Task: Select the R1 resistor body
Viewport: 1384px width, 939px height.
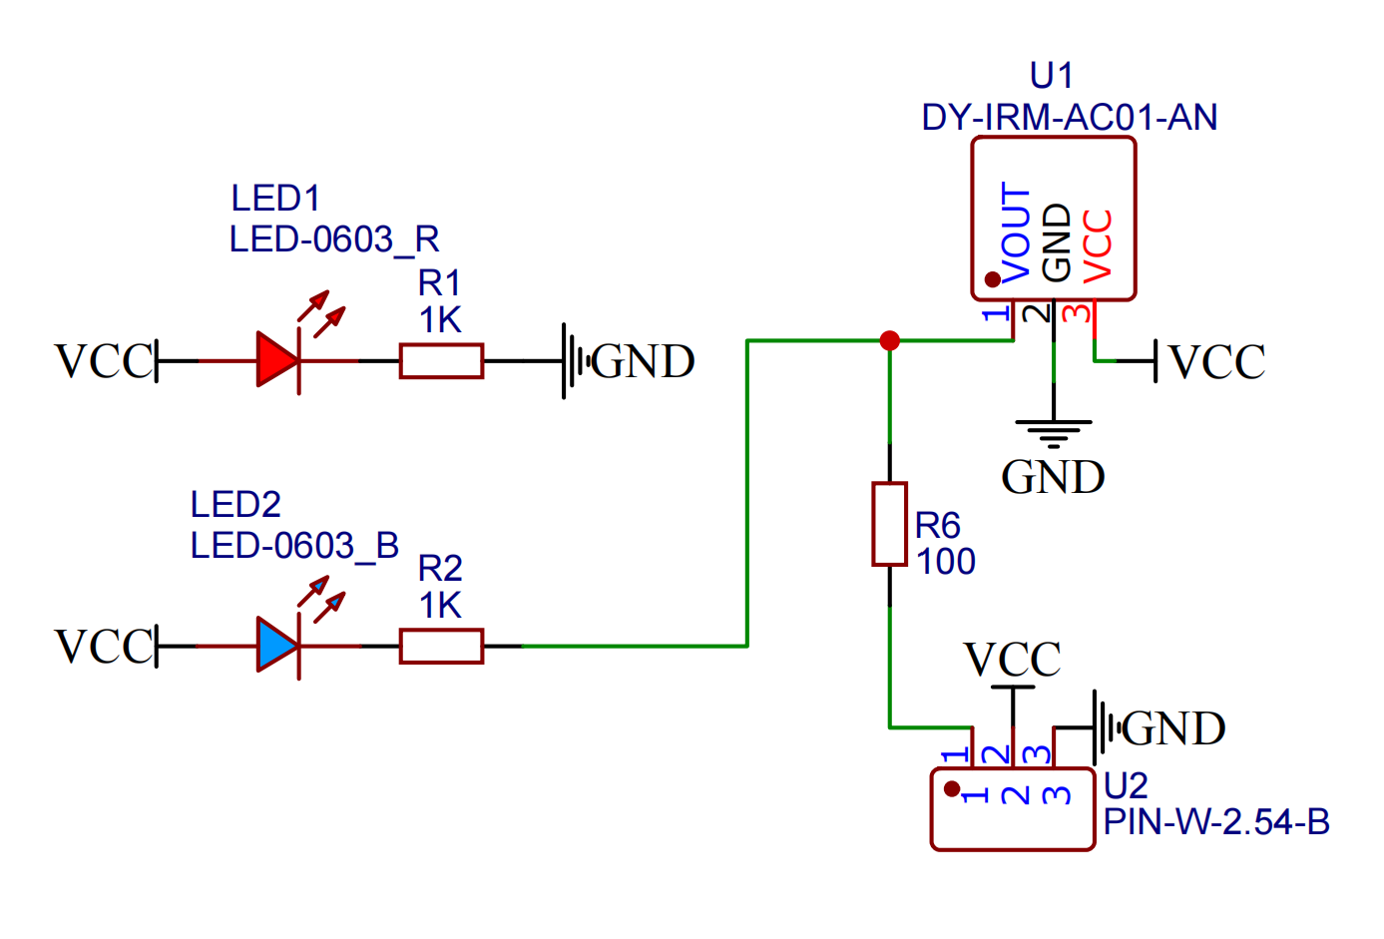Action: click(x=441, y=360)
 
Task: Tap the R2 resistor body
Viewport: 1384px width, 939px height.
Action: click(x=441, y=646)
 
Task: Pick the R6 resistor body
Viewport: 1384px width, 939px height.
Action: click(x=889, y=524)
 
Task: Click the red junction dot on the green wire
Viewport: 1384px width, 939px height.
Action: click(x=890, y=340)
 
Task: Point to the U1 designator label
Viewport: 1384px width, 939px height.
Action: click(x=1051, y=76)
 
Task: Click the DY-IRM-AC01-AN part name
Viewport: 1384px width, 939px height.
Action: click(x=1069, y=118)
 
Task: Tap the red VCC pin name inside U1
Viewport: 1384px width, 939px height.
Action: click(x=1098, y=244)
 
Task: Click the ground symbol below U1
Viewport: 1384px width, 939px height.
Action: click(x=1054, y=431)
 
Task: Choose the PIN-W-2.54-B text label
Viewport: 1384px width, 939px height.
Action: click(x=1216, y=822)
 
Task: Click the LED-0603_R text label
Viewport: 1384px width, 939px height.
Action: click(x=334, y=239)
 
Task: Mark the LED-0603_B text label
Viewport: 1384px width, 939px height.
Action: click(x=294, y=546)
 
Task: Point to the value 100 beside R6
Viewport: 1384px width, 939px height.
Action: click(x=946, y=562)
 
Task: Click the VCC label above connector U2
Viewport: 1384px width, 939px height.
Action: click(x=1012, y=660)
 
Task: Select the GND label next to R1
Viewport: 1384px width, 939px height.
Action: click(x=643, y=361)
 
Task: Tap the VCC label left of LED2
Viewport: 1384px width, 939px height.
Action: click(x=104, y=646)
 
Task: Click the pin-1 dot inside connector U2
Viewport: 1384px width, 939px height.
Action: click(x=952, y=788)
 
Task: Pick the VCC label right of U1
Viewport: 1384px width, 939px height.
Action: click(x=1216, y=361)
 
